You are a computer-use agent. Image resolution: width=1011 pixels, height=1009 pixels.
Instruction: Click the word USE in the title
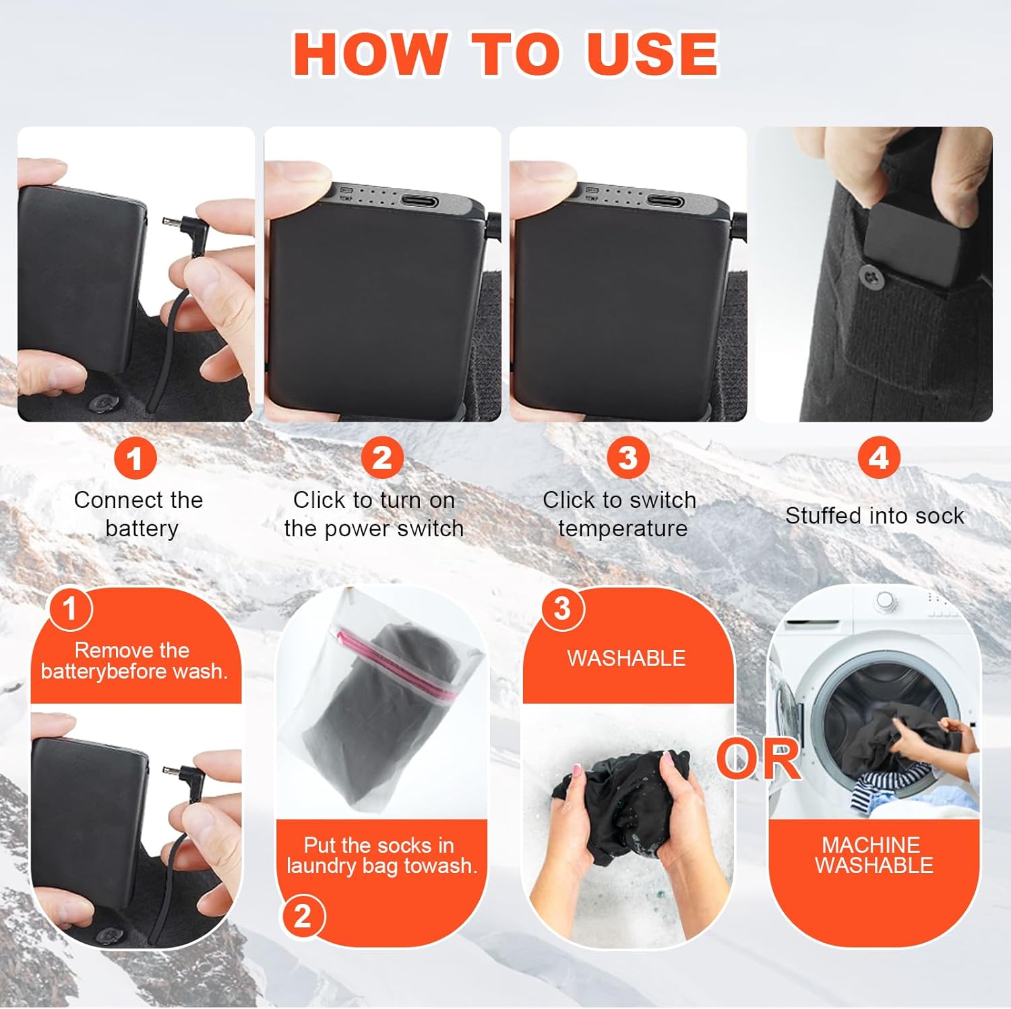point(652,54)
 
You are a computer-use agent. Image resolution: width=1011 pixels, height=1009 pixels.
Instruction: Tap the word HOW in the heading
point(370,54)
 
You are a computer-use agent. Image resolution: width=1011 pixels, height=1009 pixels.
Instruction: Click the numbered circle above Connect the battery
point(135,459)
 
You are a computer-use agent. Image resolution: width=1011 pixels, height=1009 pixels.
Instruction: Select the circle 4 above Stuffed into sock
point(878,458)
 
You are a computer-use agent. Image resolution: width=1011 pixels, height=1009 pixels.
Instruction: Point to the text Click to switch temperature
point(620,514)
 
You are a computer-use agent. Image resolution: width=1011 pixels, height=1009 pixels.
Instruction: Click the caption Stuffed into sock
point(874,516)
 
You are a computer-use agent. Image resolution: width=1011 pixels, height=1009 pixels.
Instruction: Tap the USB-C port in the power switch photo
point(419,201)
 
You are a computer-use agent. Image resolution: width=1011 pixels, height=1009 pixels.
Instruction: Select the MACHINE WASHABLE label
point(874,855)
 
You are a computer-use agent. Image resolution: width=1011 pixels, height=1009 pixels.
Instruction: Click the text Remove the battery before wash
point(134,661)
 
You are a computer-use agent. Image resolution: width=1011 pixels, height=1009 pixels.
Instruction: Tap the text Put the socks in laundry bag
point(381,855)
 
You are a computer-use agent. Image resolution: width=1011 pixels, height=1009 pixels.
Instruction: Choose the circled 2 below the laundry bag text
point(302,917)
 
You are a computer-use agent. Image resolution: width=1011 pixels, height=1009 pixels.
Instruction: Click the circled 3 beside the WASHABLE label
point(561,609)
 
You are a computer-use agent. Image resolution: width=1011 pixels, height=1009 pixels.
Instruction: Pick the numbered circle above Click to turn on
point(382,459)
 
